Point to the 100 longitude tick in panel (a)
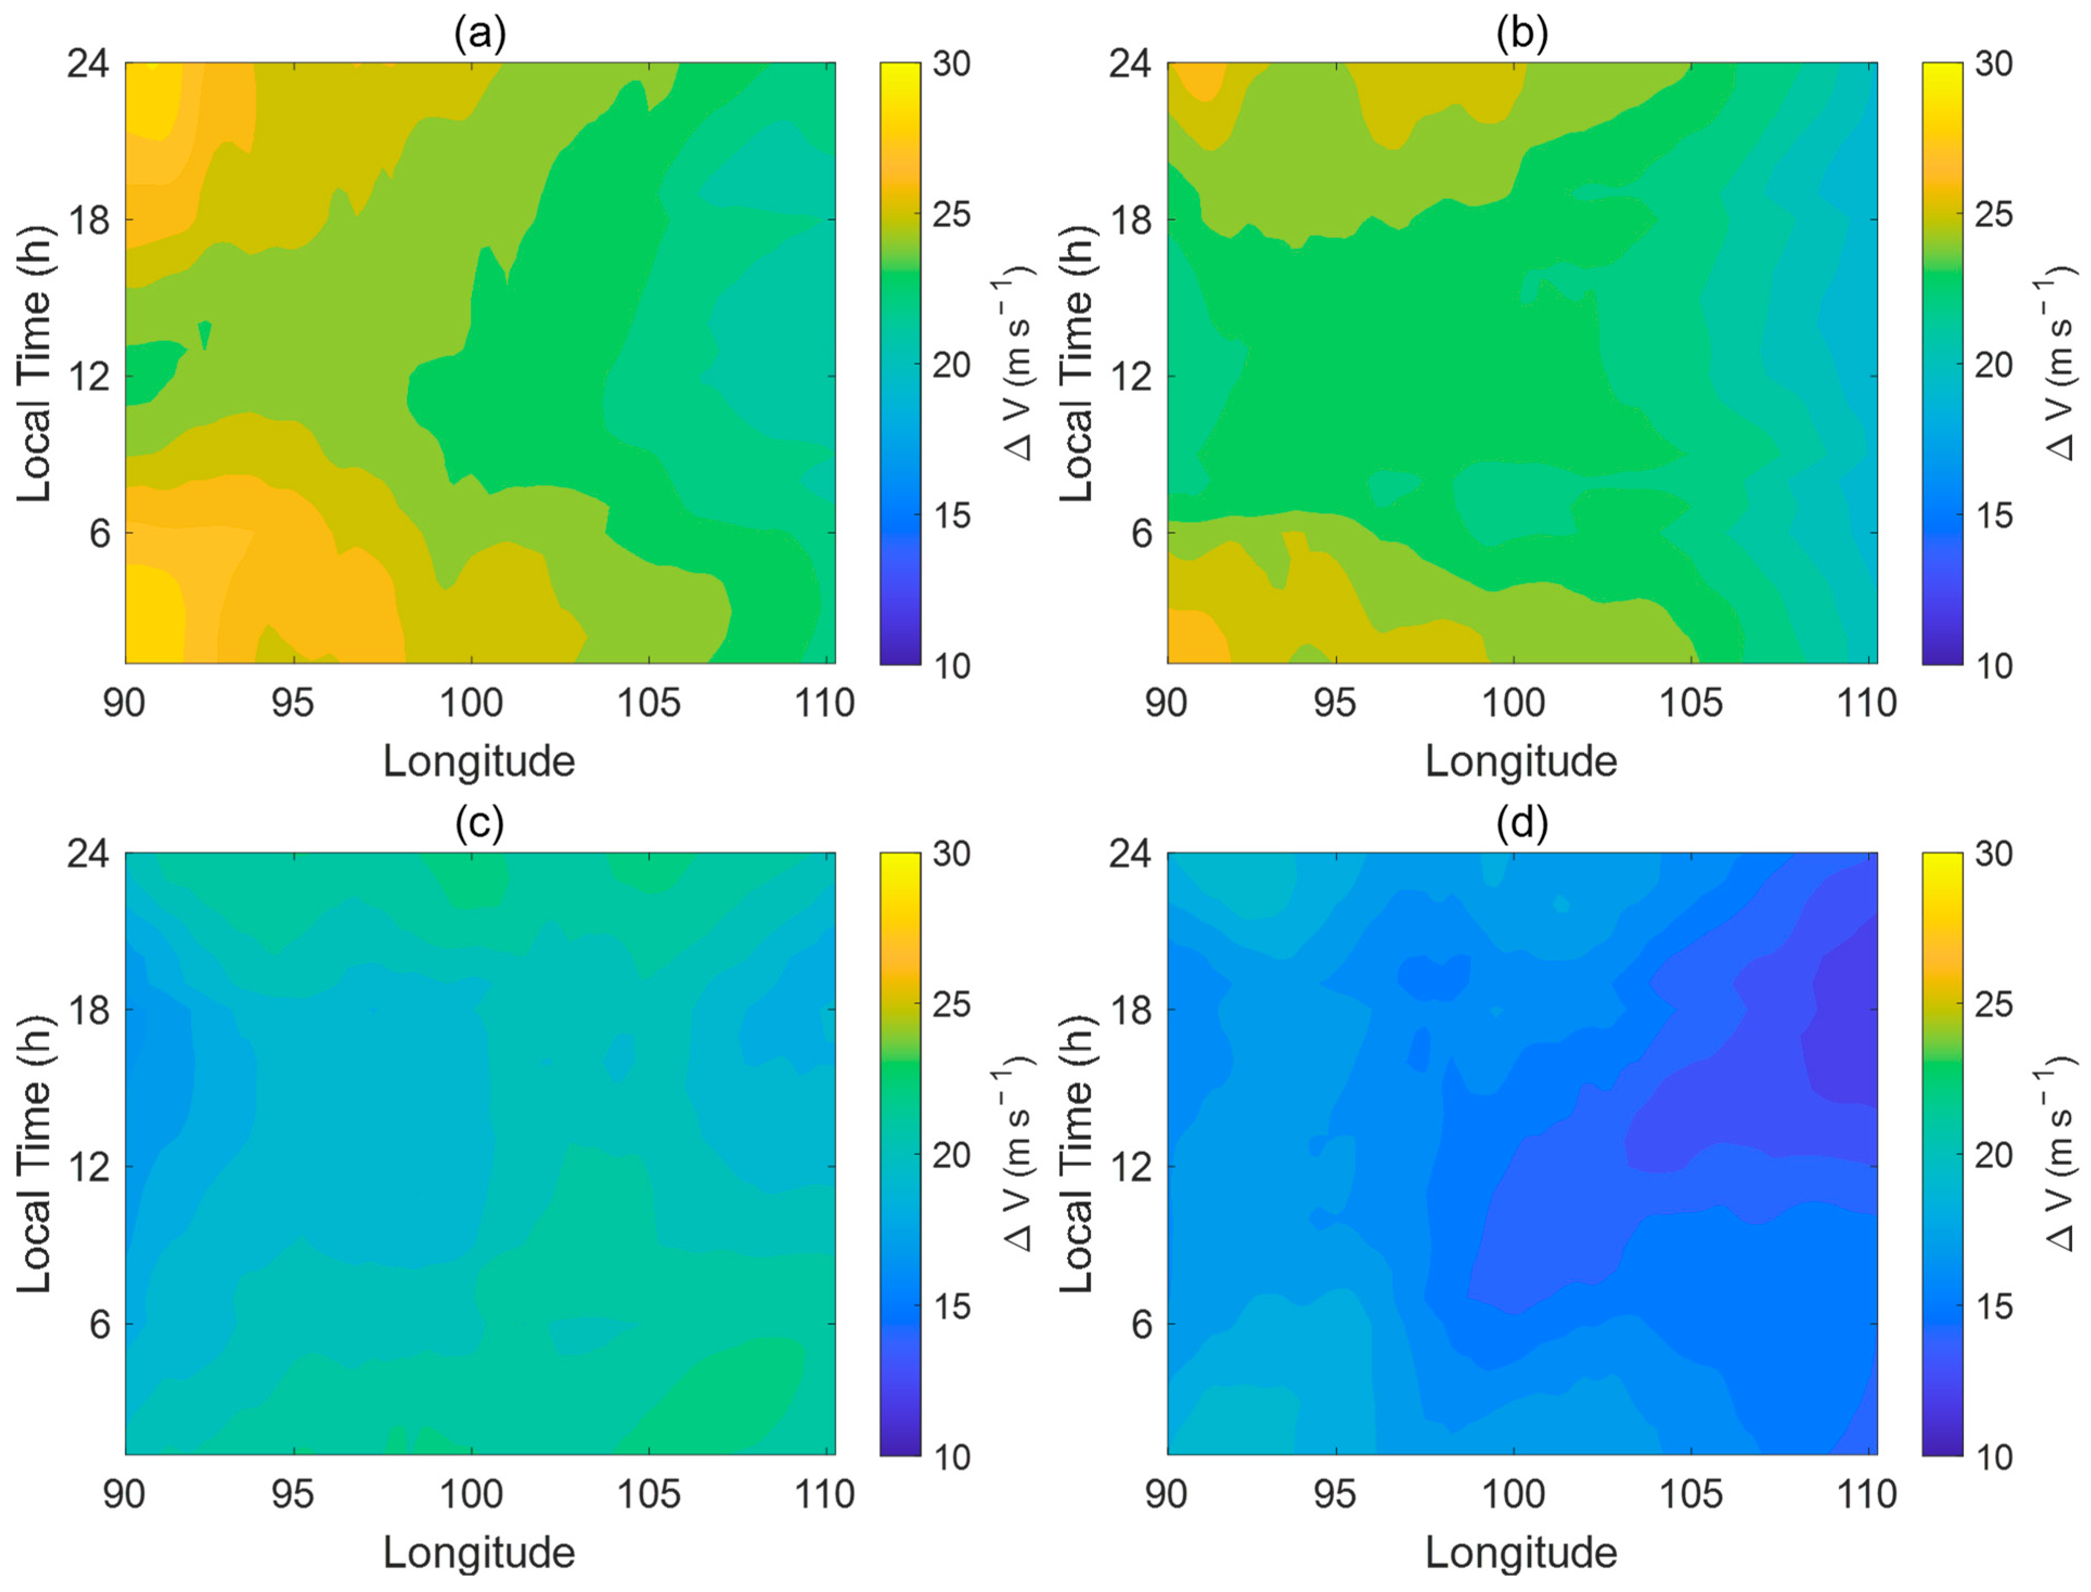click(x=471, y=703)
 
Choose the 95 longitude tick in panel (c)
click(x=293, y=1494)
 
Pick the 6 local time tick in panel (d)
click(x=1141, y=1324)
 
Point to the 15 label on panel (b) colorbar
click(x=1993, y=515)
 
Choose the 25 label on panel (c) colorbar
click(x=951, y=1004)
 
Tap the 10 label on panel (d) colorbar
click(x=1993, y=1456)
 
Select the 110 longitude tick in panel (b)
click(x=1867, y=703)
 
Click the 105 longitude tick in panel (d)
click(x=1690, y=1494)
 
